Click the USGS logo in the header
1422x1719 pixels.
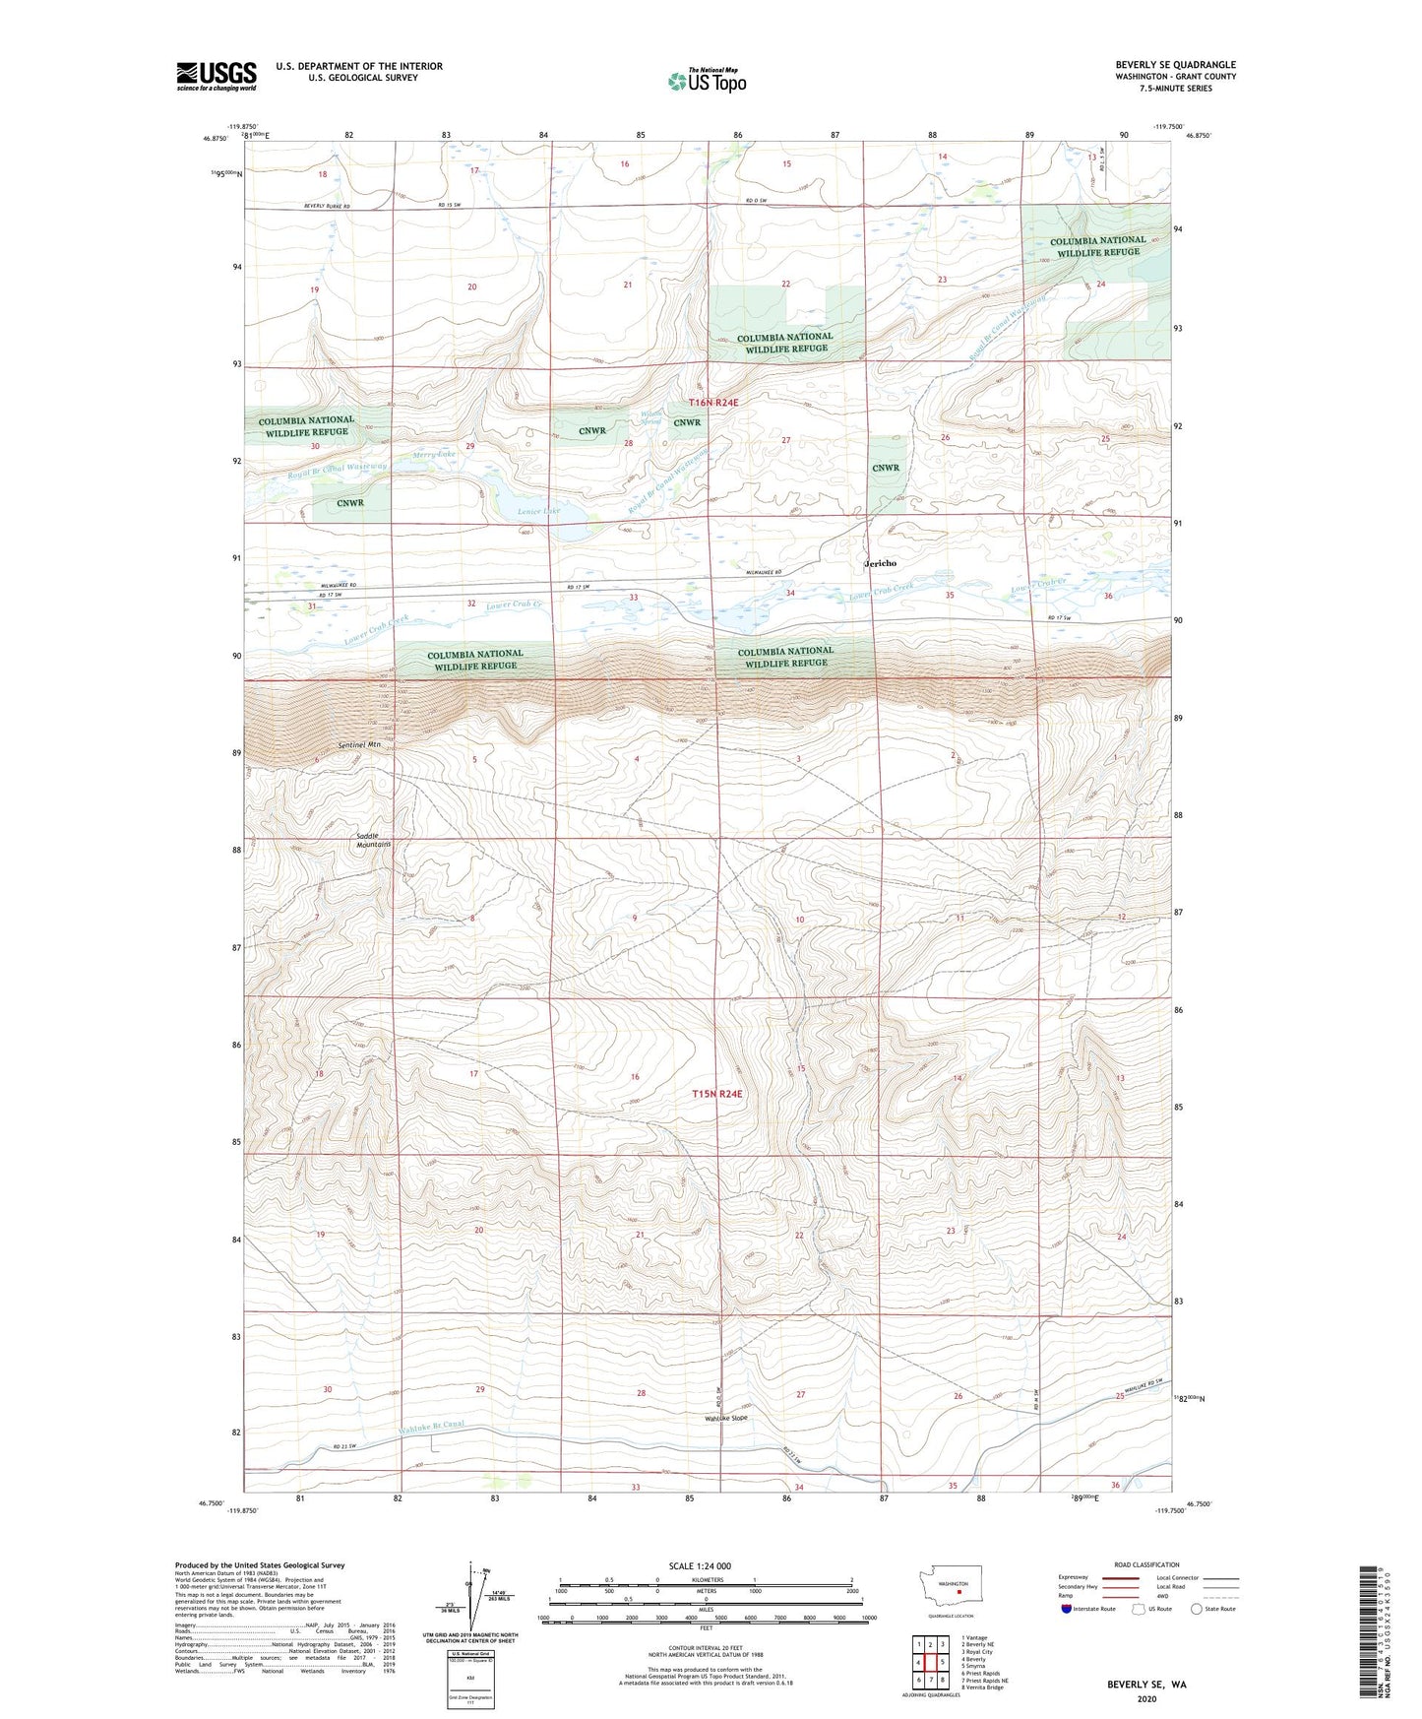coord(216,76)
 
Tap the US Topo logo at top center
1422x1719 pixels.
coord(706,80)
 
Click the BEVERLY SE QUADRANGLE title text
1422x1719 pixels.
coord(1175,65)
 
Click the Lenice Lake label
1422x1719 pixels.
coord(538,511)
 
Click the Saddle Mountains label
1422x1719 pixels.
coord(373,840)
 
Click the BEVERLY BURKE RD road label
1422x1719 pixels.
coord(327,206)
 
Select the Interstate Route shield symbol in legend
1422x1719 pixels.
coord(1067,1609)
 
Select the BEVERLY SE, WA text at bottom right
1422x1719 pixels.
coord(1146,1685)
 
